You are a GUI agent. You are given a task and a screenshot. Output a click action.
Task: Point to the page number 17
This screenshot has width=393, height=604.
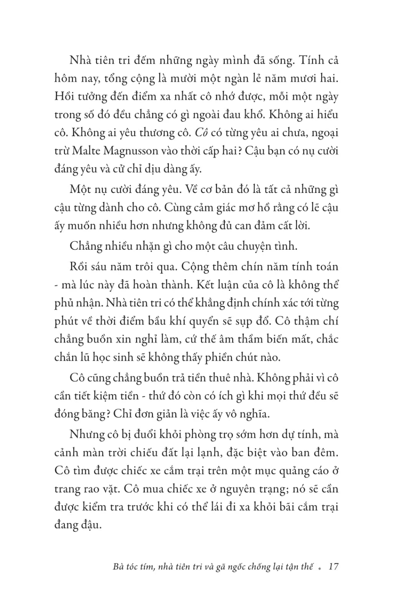334,567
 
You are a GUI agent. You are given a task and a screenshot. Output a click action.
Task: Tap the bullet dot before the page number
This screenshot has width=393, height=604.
320,568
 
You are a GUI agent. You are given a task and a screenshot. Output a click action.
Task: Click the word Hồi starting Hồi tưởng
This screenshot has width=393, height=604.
65,96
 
